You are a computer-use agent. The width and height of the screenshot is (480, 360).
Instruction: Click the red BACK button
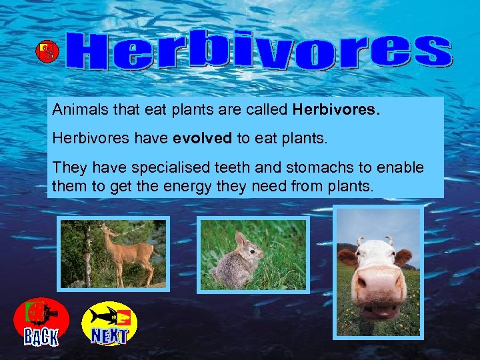pos(41,323)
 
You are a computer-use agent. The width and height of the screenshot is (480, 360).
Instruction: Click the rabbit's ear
pos(240,239)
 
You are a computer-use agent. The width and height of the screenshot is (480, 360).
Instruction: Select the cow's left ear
pos(347,257)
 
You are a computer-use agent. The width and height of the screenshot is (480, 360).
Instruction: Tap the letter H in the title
pos(93,53)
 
